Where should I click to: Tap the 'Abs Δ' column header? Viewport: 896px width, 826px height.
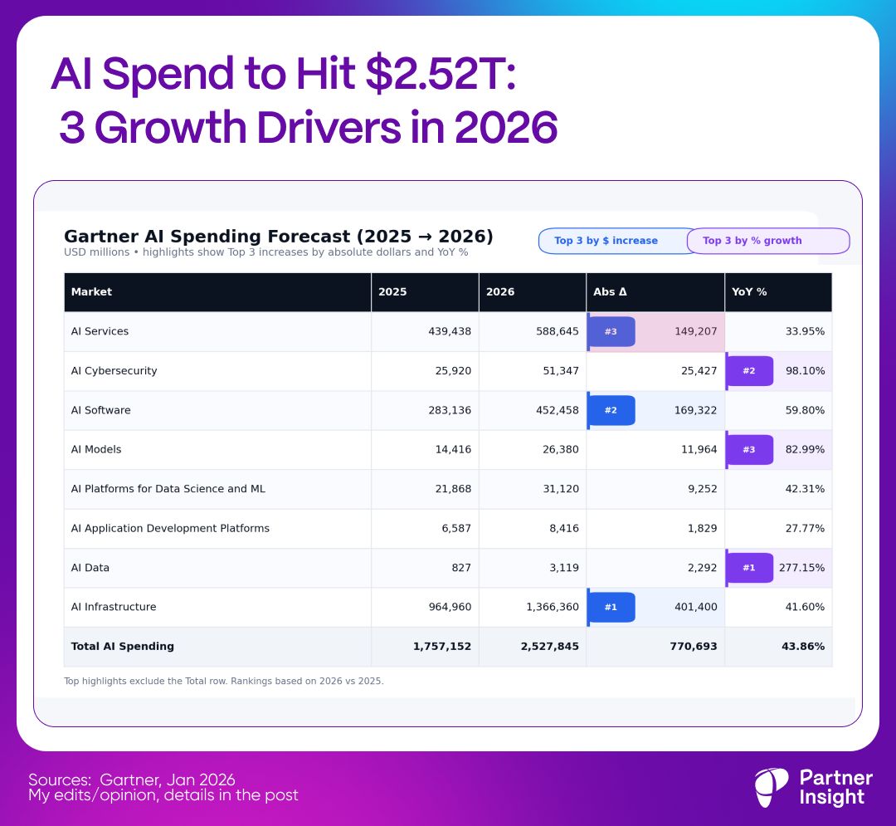click(x=610, y=292)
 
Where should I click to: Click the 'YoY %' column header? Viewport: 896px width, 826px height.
click(x=749, y=292)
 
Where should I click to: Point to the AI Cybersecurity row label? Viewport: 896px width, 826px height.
click(x=114, y=371)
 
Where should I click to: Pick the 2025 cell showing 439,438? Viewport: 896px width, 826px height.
click(x=450, y=331)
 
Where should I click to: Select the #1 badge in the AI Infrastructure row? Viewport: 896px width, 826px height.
click(x=611, y=607)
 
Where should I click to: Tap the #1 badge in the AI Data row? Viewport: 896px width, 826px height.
click(x=749, y=568)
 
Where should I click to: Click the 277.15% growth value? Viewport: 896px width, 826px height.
click(x=801, y=568)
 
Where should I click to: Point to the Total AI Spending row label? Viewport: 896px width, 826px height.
click(x=123, y=646)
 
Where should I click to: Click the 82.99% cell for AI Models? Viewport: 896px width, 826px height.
click(x=805, y=449)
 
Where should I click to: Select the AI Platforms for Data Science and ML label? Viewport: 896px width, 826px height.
click(x=168, y=489)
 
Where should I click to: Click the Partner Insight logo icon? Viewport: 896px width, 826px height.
click(x=772, y=788)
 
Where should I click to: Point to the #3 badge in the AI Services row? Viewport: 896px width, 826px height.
click(x=611, y=331)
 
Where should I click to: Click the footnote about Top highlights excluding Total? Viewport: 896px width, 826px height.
click(x=224, y=681)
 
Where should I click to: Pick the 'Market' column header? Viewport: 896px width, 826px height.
click(x=91, y=292)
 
